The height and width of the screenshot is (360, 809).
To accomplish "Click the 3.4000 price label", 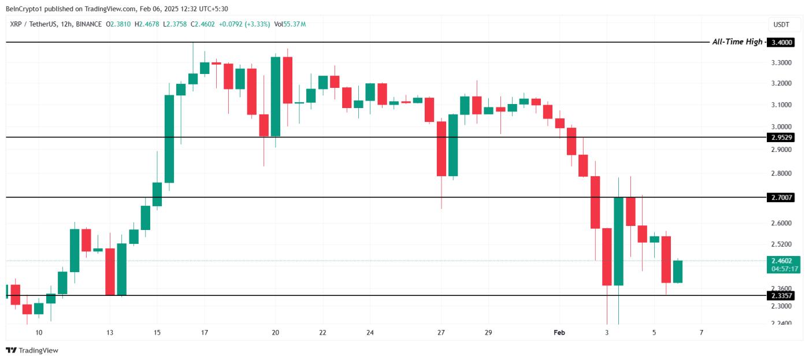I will [x=780, y=42].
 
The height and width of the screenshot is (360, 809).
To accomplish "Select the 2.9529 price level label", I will [x=780, y=138].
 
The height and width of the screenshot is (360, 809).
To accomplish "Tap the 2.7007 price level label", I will [x=780, y=198].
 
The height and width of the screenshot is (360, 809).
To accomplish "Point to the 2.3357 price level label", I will [x=780, y=296].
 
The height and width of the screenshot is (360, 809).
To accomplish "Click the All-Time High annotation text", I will [x=737, y=42].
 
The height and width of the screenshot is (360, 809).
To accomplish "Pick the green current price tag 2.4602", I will [x=784, y=261].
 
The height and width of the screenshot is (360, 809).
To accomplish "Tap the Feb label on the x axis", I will [x=559, y=333].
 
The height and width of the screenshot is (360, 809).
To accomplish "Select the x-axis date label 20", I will [x=275, y=333].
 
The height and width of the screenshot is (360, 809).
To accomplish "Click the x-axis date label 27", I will [x=441, y=333].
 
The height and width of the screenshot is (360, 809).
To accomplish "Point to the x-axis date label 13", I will [x=110, y=333].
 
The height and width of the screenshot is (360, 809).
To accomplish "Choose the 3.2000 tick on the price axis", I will [x=781, y=84].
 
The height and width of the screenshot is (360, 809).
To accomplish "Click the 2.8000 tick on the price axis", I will [x=781, y=173].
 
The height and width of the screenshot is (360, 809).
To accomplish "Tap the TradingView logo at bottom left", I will [x=32, y=350].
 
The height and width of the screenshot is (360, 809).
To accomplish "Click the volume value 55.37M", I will [x=294, y=24].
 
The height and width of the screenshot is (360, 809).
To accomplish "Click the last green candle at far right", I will [x=678, y=272].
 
